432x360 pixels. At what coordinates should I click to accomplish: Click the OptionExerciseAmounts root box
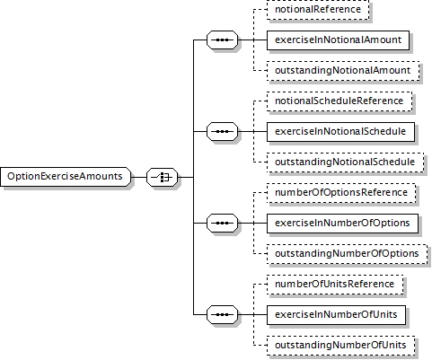tap(66, 177)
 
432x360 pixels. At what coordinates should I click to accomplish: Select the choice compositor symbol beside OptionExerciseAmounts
tap(162, 177)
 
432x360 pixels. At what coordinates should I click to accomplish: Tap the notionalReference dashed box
tap(318, 10)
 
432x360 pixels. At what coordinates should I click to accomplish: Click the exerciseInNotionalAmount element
tap(338, 40)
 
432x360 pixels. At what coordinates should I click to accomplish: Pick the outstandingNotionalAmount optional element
tap(343, 71)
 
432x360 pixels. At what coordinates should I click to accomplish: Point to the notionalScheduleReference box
tap(339, 101)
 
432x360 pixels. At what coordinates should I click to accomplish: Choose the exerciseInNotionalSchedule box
tap(340, 132)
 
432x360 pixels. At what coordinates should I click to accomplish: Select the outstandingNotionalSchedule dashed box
tap(345, 162)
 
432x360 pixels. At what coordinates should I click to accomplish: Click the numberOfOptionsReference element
tap(341, 193)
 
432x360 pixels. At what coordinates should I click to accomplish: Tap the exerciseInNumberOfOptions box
tap(342, 224)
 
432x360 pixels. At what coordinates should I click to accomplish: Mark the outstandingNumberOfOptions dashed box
tap(347, 254)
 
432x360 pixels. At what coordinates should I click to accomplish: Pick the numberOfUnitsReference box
tap(335, 285)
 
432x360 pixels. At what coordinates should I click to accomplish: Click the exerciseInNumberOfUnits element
tap(336, 315)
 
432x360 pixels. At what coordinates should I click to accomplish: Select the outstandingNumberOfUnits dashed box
tap(340, 346)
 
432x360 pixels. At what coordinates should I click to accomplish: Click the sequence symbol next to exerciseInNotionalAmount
tap(222, 40)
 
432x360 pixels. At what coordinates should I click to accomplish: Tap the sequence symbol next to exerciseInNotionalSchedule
tap(222, 131)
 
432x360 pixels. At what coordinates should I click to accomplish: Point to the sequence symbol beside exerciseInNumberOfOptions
tap(222, 223)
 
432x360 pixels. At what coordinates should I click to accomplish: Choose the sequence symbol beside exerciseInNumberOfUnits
tap(222, 314)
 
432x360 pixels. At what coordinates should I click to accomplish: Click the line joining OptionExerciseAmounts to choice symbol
tap(138, 177)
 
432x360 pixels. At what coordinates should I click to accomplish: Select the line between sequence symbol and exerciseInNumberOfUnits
tap(252, 314)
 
